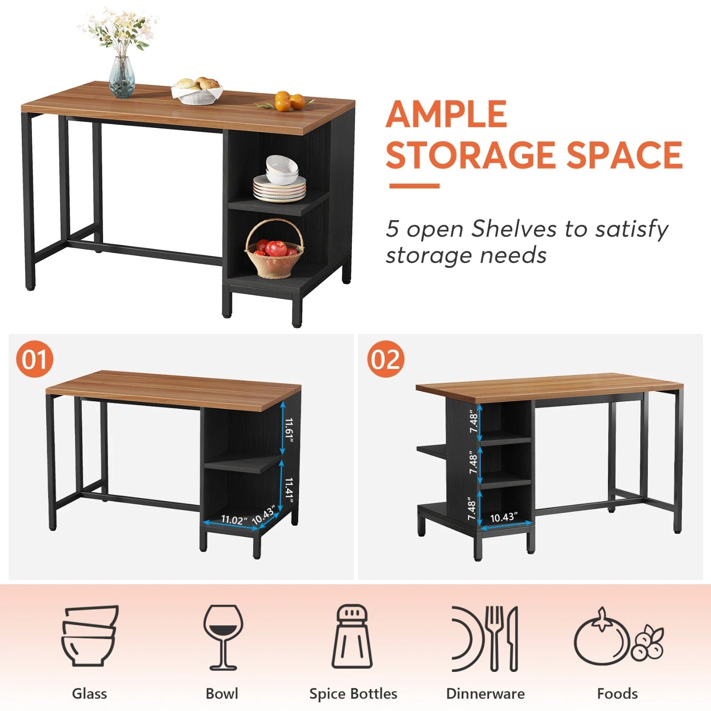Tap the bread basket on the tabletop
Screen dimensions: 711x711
click(x=197, y=91)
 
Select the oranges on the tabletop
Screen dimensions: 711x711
click(x=289, y=101)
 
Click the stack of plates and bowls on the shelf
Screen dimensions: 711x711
click(x=280, y=178)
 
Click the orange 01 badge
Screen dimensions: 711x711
click(x=35, y=359)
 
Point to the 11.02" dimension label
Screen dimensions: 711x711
click(x=234, y=519)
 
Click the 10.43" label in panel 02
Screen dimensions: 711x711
click(x=504, y=518)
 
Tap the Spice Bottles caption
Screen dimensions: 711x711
click(x=353, y=694)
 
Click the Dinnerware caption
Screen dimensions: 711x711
click(x=485, y=694)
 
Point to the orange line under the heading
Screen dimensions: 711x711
click(x=414, y=186)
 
